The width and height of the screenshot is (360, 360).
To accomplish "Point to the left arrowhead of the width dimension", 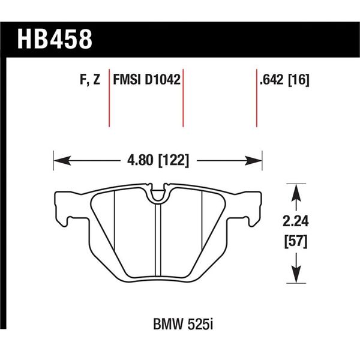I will pyautogui.click(x=59, y=160).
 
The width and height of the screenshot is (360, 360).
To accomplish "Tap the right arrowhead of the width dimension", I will pyautogui.click(x=258, y=160).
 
